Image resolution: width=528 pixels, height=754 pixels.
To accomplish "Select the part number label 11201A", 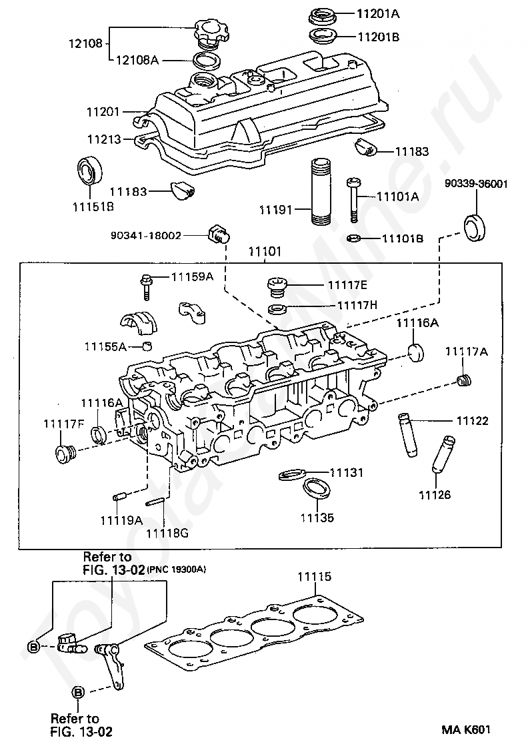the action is point(378,13).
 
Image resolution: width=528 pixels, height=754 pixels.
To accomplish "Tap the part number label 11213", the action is point(104,139).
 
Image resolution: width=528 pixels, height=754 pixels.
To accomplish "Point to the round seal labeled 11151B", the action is point(90,170).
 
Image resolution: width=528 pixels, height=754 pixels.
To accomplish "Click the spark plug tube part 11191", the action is point(321,191).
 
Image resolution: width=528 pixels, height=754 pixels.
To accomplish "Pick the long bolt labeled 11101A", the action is point(353,200).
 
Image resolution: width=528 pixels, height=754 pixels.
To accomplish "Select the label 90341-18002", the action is point(146,236).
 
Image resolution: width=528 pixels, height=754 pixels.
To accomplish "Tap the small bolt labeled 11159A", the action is point(146,286).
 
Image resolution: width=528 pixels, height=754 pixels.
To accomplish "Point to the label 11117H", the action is point(357,305).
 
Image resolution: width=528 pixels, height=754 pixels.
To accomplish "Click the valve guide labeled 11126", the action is point(443,454).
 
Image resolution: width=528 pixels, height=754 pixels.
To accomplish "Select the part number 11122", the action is point(473,421).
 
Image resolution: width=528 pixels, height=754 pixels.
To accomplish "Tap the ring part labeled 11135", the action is point(317,488).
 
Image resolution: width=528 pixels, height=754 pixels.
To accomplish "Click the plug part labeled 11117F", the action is point(64,454).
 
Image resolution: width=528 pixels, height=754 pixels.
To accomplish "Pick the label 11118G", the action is point(167,533).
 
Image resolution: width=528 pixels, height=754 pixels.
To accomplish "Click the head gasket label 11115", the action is point(314,576).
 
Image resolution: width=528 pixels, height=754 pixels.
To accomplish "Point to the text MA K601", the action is point(467,729).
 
